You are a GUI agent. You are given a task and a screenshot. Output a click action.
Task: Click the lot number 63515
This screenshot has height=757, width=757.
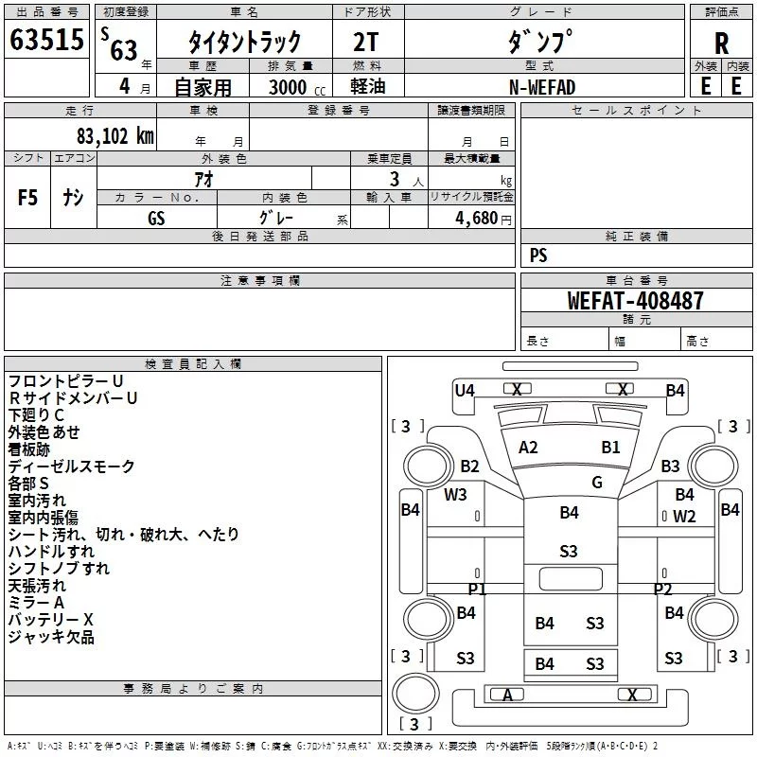(x=46, y=40)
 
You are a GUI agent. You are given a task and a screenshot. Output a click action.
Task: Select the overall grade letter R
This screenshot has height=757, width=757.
(x=721, y=44)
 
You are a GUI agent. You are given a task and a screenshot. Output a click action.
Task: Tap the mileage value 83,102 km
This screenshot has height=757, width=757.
(x=115, y=136)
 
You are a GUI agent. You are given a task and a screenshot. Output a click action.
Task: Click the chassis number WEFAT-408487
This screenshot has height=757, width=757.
(x=635, y=300)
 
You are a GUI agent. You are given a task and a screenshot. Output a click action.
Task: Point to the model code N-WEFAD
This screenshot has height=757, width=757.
(x=542, y=87)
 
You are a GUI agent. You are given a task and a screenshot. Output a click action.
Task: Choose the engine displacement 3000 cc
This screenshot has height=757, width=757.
(x=297, y=87)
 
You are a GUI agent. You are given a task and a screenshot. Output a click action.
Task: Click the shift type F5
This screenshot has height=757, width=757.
(x=27, y=198)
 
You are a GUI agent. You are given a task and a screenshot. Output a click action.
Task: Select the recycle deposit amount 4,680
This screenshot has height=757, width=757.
(x=477, y=219)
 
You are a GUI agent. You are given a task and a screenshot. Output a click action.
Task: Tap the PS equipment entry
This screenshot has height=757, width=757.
(x=538, y=255)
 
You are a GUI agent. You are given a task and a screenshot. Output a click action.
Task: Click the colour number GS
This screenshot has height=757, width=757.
(x=156, y=219)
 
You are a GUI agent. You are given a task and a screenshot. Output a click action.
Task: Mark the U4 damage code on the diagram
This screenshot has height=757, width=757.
(x=465, y=390)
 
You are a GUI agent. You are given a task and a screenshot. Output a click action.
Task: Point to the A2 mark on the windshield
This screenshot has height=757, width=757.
(x=528, y=448)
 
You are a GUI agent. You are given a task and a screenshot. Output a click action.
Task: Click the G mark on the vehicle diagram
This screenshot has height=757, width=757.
(x=597, y=483)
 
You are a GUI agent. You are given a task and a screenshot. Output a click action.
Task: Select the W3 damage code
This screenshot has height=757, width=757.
(x=455, y=494)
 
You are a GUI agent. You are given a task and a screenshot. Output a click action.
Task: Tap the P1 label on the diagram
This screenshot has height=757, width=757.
(x=477, y=589)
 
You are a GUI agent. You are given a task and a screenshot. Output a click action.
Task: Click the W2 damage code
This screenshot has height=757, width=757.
(x=684, y=517)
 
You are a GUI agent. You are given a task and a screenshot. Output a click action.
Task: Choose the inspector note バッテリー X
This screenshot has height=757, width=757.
(x=51, y=620)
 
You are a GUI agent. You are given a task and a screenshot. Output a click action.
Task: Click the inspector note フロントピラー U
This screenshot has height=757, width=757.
(x=65, y=381)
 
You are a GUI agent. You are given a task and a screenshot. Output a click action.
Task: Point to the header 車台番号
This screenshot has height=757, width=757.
(x=636, y=280)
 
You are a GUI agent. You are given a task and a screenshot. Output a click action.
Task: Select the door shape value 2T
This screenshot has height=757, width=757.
(x=365, y=42)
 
